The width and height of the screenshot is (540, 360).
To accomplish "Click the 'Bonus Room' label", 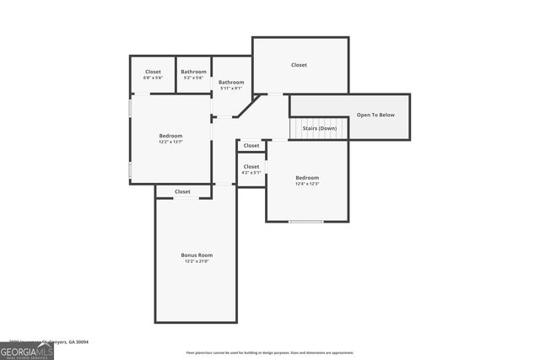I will point(196,255).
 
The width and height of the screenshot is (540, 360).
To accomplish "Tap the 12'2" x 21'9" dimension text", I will point(196,261).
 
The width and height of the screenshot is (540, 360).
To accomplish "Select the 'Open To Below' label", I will point(375,115).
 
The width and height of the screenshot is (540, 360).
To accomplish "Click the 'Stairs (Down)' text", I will point(320,128).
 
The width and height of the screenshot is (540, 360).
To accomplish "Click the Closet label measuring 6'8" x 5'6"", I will point(153,72).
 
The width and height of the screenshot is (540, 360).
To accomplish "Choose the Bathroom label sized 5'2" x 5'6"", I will point(193,72).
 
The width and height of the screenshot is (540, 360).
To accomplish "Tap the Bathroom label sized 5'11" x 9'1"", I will point(231,83).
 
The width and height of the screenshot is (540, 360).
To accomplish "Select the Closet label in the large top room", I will point(299,65).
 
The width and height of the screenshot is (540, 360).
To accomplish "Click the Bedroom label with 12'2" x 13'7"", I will point(170,136).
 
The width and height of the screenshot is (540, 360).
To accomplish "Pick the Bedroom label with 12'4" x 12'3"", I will point(307,178).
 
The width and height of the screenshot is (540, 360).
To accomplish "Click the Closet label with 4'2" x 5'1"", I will point(251,167).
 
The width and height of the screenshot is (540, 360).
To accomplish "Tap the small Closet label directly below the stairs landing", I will point(251,146).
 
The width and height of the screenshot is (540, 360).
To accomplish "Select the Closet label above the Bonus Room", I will point(182,191).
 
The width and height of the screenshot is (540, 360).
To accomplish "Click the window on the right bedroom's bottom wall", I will point(306,222).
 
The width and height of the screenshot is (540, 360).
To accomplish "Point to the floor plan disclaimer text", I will point(270,352).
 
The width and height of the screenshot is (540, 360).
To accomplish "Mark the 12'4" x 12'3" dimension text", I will point(307,184).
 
